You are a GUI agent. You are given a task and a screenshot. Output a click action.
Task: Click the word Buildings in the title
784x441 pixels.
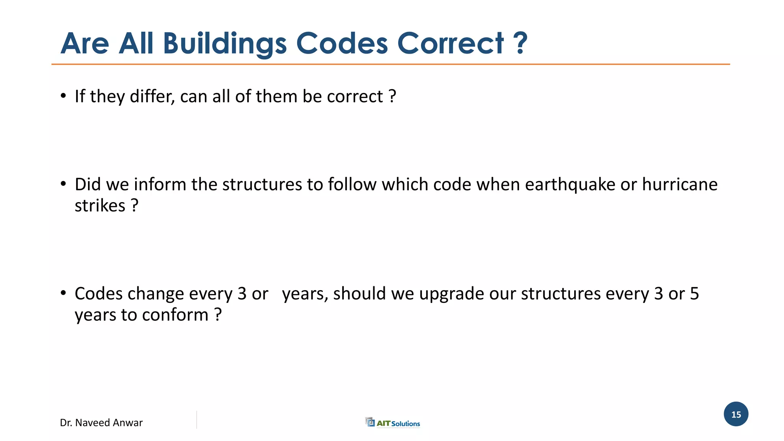224,44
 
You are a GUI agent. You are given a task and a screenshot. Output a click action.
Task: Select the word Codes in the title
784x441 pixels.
342,44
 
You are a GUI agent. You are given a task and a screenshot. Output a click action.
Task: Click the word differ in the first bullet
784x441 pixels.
152,96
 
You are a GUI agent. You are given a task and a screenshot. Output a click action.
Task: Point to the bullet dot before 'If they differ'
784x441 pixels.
64,96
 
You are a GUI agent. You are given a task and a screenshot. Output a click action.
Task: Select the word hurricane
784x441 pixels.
679,185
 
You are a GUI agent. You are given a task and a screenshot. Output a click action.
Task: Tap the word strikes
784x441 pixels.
100,206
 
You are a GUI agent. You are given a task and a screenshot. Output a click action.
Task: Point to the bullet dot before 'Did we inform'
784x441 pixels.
64,184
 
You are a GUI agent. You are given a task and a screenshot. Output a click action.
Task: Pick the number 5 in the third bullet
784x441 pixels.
694,294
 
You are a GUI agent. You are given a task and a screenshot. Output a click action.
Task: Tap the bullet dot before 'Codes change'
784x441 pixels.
64,293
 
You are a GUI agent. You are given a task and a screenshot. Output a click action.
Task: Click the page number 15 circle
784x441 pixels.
736,414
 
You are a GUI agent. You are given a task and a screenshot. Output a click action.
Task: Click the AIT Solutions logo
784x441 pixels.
393,423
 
